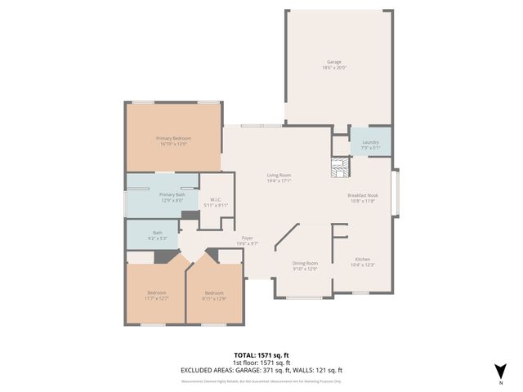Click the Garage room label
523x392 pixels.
tap(333, 62)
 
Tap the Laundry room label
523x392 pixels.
tap(370, 142)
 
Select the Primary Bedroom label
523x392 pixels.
tap(172, 139)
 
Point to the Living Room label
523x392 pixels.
tap(279, 176)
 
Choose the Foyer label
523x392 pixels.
tap(247, 238)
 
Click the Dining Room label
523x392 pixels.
tap(305, 263)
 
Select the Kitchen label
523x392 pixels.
tap(362, 260)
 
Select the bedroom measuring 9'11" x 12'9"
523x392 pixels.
tap(214, 295)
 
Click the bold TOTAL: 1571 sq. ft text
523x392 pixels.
tap(261, 355)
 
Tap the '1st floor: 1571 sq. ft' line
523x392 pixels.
tap(261, 363)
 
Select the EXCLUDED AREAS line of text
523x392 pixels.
tap(261, 370)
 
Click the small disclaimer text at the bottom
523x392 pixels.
tap(261, 381)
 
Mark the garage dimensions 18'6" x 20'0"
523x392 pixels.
tap(333, 68)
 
